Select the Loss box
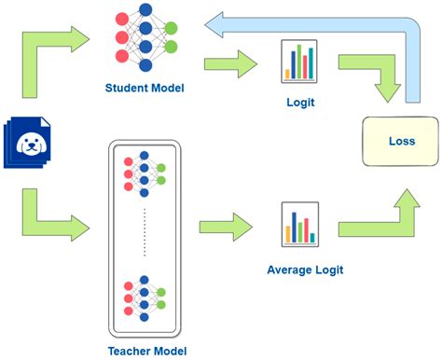click(400, 143)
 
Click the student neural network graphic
click(144, 40)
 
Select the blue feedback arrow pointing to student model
click(308, 21)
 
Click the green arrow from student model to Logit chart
click(232, 64)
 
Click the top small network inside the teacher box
click(144, 172)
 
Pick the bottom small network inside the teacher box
click(144, 298)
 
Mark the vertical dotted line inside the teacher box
click(144, 233)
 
